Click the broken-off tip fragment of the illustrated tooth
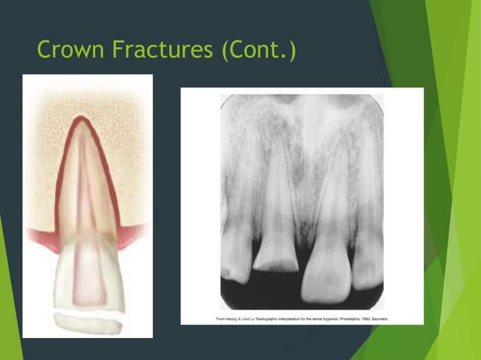point(87,321)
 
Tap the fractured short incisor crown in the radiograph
point(277,254)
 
